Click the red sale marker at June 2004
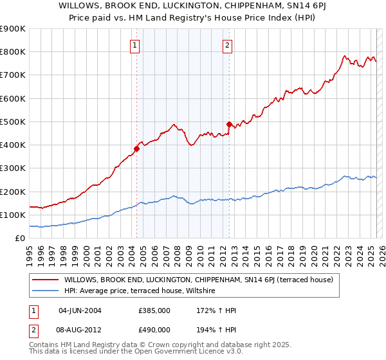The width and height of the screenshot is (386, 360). point(136,149)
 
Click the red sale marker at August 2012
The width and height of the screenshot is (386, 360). point(229,124)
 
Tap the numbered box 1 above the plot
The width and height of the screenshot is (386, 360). point(135,45)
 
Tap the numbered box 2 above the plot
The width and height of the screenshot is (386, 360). point(228,45)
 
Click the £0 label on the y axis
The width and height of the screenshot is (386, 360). point(19,239)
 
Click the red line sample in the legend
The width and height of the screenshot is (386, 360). point(45,280)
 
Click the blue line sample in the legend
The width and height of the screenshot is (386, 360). point(45,291)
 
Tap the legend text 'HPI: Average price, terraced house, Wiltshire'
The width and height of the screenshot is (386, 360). point(142,291)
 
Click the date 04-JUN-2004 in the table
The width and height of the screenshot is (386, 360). point(80,310)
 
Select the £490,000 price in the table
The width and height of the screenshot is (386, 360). point(154,330)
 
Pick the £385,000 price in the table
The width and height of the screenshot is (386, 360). point(154,310)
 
